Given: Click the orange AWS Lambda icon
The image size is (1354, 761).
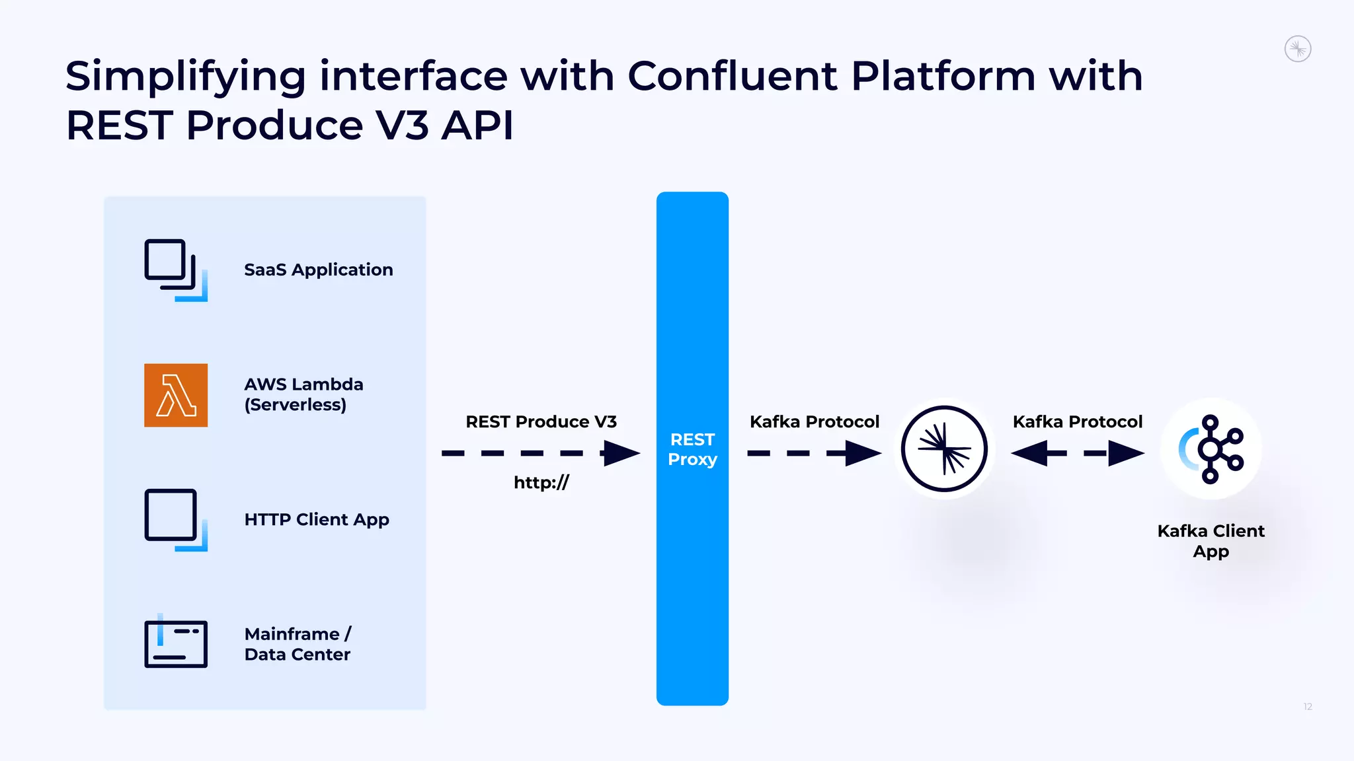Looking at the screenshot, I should [x=176, y=395].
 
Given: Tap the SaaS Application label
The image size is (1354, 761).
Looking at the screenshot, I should [x=318, y=270].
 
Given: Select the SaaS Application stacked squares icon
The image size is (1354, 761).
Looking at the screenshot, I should [x=175, y=269].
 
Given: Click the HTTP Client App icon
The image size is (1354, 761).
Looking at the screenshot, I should [x=175, y=519].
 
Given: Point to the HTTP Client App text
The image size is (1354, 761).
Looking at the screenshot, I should [x=317, y=519].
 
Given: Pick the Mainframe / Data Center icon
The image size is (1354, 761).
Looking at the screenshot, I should [x=175, y=642].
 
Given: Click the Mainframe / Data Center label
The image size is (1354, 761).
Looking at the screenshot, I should [x=298, y=644].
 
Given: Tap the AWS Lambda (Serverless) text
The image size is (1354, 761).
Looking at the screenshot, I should [x=303, y=394].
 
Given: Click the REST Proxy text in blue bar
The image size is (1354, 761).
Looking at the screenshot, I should [x=692, y=449].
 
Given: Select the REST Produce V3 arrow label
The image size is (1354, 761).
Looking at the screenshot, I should [x=541, y=421].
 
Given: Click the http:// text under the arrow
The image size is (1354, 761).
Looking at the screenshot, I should [x=541, y=482].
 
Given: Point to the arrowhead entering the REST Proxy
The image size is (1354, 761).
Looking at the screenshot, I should [x=621, y=453].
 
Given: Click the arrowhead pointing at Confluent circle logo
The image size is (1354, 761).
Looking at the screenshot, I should [x=863, y=453].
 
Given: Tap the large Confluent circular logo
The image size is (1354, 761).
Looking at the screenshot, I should [x=944, y=449].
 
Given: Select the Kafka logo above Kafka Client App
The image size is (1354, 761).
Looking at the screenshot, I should [x=1211, y=449].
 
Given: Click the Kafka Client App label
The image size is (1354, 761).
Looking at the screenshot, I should [x=1211, y=540].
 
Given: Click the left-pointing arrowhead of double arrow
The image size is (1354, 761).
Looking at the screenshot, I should [x=1029, y=453].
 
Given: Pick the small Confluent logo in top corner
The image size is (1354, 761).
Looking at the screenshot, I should [x=1297, y=49].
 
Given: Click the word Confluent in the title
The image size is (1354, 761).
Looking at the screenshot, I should [x=732, y=75].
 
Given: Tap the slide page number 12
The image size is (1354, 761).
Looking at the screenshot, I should [x=1307, y=707].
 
